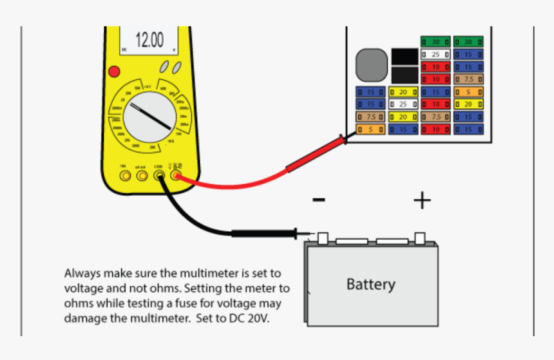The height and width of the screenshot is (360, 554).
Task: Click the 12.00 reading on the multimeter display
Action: coord(149,40)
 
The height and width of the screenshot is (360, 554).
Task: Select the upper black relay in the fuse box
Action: coord(404,56)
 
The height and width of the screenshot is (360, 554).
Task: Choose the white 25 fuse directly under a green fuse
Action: coord(435,55)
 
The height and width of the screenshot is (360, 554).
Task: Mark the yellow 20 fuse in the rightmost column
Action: coord(468,104)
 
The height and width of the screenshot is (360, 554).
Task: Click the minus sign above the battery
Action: coord(318,200)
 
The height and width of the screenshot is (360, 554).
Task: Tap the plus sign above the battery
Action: coord(422,201)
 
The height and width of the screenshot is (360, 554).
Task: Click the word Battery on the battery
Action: coord(371,284)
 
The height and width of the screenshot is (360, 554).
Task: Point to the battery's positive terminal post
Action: coord(420,238)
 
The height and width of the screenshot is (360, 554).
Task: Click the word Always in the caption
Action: coord(82,272)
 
